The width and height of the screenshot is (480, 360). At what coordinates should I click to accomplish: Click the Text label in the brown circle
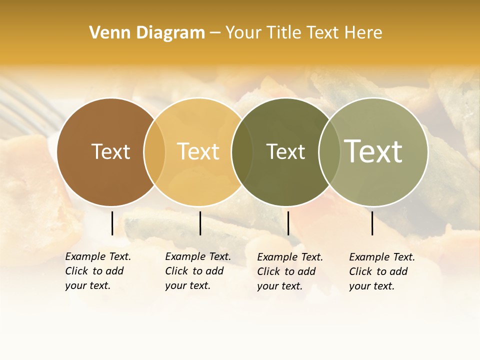pos(110,151)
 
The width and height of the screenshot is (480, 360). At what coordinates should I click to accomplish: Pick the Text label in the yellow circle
pos(198,151)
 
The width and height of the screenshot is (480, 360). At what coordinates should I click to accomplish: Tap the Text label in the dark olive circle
pos(285,151)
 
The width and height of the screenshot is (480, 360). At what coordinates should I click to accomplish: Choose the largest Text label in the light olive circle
pos(373,151)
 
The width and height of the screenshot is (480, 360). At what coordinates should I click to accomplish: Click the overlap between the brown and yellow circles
pos(154,151)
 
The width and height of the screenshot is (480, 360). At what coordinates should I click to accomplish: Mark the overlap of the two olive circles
pos(329,151)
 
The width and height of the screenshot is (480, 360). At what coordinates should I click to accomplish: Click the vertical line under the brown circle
pos(112,223)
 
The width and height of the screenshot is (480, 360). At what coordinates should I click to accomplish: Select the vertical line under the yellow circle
pos(200,223)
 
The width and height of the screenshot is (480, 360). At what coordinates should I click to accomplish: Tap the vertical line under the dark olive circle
pos(288,223)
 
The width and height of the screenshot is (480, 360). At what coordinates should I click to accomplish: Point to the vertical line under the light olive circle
pos(372,223)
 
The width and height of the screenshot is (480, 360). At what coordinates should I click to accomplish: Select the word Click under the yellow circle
pos(176,271)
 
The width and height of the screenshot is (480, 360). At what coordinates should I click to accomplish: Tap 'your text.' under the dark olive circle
pos(280,286)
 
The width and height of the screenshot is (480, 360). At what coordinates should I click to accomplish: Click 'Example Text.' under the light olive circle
pos(382,257)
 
